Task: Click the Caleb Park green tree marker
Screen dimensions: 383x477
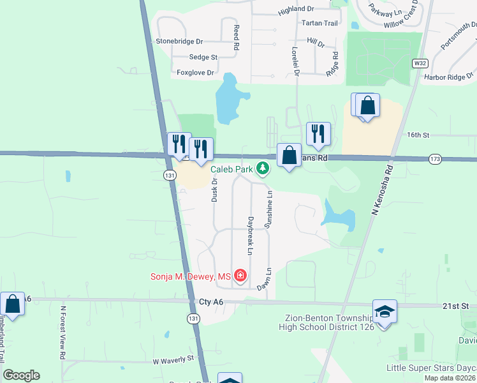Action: click(x=262, y=169)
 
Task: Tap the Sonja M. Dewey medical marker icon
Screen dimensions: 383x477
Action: click(x=240, y=276)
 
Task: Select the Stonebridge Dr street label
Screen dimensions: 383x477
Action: click(x=179, y=41)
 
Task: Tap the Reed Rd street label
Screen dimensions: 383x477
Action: click(x=236, y=38)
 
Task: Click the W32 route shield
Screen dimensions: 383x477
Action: click(x=419, y=63)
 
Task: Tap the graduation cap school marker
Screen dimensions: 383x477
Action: click(x=385, y=312)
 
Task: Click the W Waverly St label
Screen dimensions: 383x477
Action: click(x=173, y=360)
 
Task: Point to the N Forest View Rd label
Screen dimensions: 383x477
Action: click(x=63, y=334)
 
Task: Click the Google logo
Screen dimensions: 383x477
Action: click(x=22, y=375)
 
